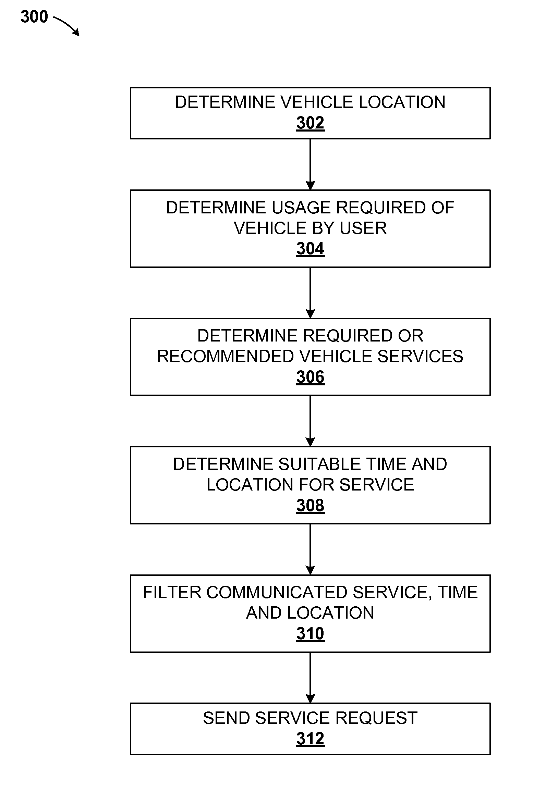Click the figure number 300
(34, 16)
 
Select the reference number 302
(310, 123)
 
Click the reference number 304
(310, 249)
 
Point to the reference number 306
(310, 377)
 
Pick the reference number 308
(310, 505)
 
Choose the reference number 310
(310, 634)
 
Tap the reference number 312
(310, 739)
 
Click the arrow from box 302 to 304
(310, 164)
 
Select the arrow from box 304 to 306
(310, 293)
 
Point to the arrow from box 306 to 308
(310, 421)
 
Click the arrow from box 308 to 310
(310, 549)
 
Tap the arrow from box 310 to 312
(310, 678)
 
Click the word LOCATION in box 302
(402, 102)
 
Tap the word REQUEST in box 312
(376, 718)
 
